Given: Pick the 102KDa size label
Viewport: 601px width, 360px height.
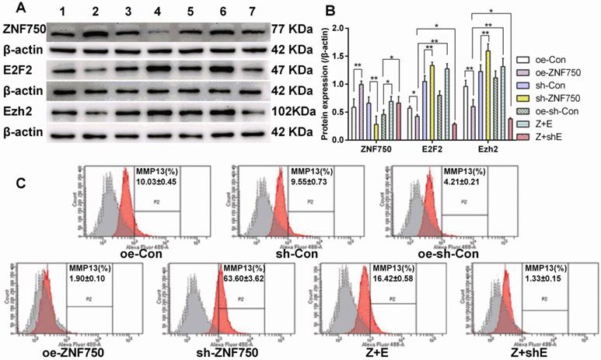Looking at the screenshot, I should [x=295, y=112].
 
